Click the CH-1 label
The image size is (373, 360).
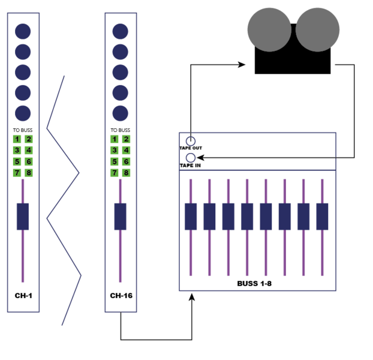pos(23,296)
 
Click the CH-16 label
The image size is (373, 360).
pos(121,296)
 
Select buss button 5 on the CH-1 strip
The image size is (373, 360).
pos(17,161)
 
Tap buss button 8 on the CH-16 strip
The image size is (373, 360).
pos(126,173)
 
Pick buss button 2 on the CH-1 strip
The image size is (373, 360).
pos(29,139)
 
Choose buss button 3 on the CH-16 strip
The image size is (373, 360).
pos(115,151)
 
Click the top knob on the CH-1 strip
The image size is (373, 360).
pos(23,31)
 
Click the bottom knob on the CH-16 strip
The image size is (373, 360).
pos(121,113)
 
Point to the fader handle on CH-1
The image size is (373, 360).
pos(23,217)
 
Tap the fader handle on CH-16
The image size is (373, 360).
pos(121,217)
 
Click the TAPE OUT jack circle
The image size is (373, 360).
pos(191,141)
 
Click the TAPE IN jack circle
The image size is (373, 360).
pos(191,158)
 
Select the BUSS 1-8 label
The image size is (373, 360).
pos(254,283)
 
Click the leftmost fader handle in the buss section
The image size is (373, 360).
pos(191,217)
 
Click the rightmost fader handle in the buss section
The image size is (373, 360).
pos(323,217)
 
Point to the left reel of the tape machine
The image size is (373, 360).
pos(269,30)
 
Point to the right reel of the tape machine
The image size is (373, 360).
pos(318,30)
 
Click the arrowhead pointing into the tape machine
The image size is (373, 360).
pos(242,64)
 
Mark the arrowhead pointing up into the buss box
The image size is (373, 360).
pos(192,297)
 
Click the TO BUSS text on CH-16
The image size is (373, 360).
pos(121,130)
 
